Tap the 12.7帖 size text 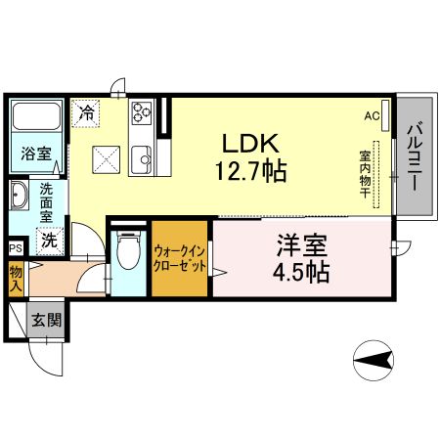coord(250,172)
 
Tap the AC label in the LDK coord(372,115)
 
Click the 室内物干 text coord(364,174)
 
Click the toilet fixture coord(125,253)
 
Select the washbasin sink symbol coord(20,198)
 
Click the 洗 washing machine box coord(47,238)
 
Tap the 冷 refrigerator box coord(87,111)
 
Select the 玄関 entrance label coord(45,320)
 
